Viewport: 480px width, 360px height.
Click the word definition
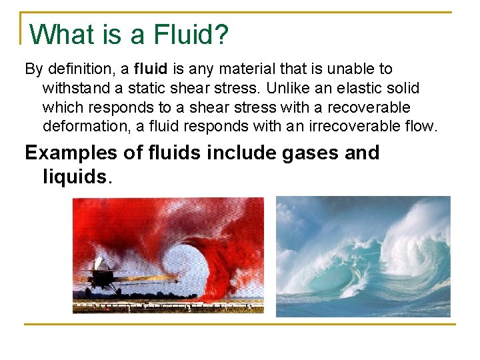click(x=81, y=69)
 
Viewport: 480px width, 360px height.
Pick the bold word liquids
click(x=73, y=177)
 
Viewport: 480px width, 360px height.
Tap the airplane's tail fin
click(x=101, y=262)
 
